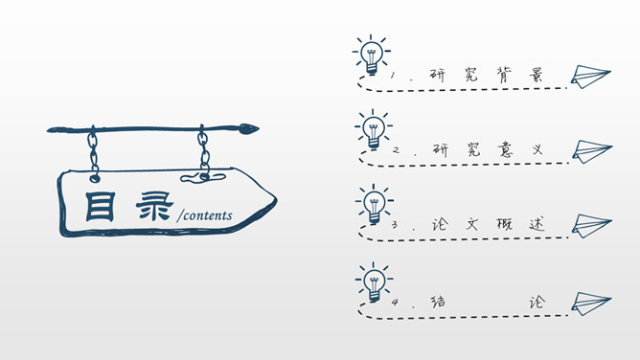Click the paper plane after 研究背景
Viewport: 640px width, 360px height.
coord(590,77)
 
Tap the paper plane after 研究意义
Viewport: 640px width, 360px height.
coord(591,151)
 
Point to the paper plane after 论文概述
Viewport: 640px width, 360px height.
coord(591,226)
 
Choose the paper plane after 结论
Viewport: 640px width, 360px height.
coord(591,302)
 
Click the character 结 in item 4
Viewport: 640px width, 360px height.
coord(439,301)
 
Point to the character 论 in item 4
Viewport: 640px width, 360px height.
coord(537,301)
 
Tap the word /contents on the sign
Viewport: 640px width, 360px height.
coord(204,216)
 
